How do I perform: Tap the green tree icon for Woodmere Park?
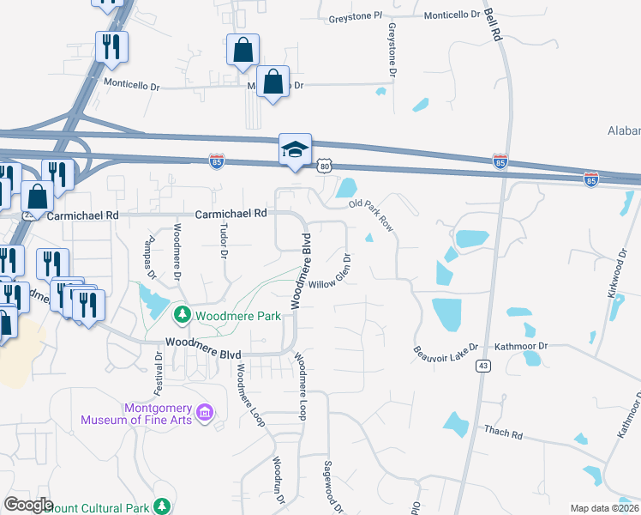(x=182, y=315)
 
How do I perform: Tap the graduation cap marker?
(x=294, y=150)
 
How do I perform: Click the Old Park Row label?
(x=371, y=216)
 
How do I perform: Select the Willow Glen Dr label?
(x=331, y=272)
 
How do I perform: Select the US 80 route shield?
(x=324, y=166)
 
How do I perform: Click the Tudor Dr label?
(x=224, y=242)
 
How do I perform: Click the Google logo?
(x=28, y=505)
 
